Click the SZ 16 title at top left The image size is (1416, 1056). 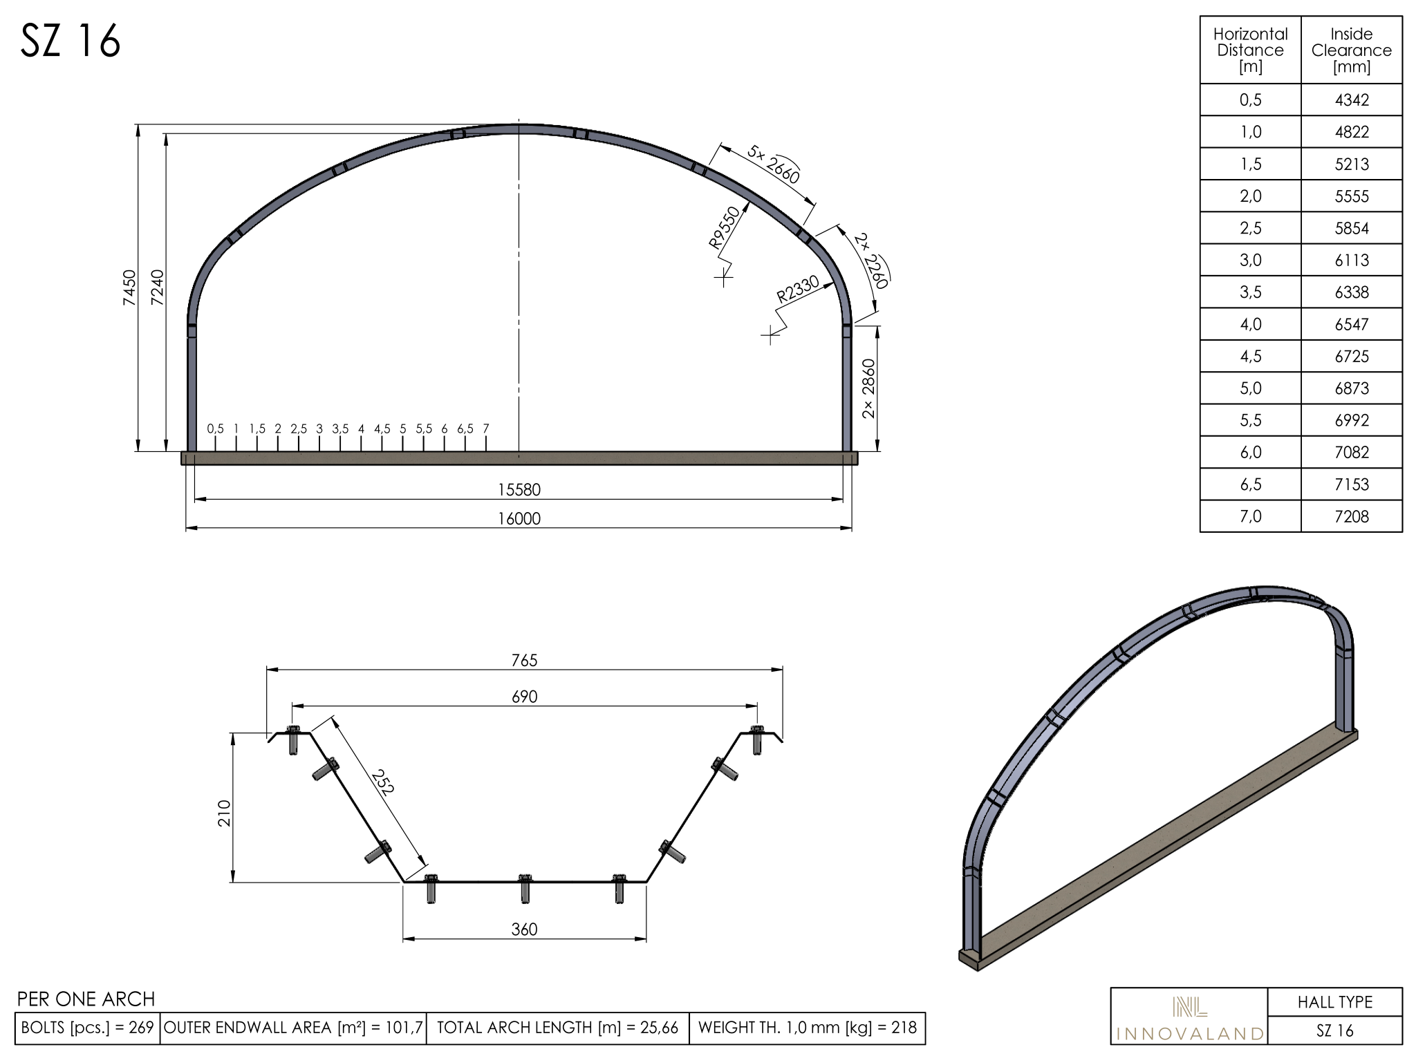(x=71, y=41)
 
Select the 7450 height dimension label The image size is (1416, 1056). (x=129, y=287)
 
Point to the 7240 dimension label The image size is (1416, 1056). (x=158, y=287)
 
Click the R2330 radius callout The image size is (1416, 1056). (x=798, y=289)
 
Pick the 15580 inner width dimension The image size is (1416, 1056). (x=519, y=490)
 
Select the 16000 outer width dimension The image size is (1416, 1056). (x=519, y=519)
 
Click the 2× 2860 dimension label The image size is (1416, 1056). (x=869, y=389)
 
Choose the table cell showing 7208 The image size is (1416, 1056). (x=1352, y=516)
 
